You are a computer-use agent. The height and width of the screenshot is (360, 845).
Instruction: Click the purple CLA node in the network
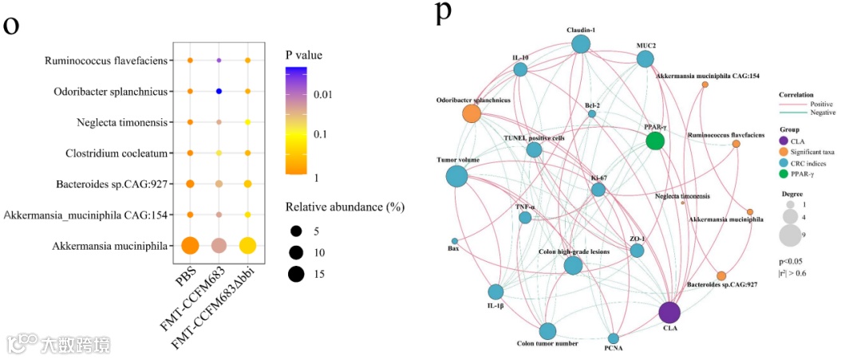coord(669,314)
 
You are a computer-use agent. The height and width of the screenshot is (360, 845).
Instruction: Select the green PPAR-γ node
coord(655,141)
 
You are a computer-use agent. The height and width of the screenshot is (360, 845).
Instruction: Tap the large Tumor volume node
coord(457,176)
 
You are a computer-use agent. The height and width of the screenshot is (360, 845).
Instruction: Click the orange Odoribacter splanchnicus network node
coord(472,113)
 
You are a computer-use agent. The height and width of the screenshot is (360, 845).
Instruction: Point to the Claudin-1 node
coord(581,45)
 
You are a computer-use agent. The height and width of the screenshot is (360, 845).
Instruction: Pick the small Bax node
coord(455,241)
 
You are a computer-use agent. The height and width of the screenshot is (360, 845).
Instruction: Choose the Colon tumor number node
coord(547,331)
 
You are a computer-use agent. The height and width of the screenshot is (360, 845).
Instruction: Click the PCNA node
coord(613,338)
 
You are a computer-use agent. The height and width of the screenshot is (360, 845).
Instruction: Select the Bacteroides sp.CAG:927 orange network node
coord(721,275)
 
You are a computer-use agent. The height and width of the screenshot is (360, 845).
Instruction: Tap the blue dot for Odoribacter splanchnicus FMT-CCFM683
coord(219,91)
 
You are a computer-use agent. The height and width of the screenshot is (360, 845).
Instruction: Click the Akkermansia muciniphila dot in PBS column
coord(190,245)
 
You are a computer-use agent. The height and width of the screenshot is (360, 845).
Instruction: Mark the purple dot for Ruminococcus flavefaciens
coord(219,61)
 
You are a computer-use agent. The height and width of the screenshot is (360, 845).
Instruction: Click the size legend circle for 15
coord(297,275)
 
